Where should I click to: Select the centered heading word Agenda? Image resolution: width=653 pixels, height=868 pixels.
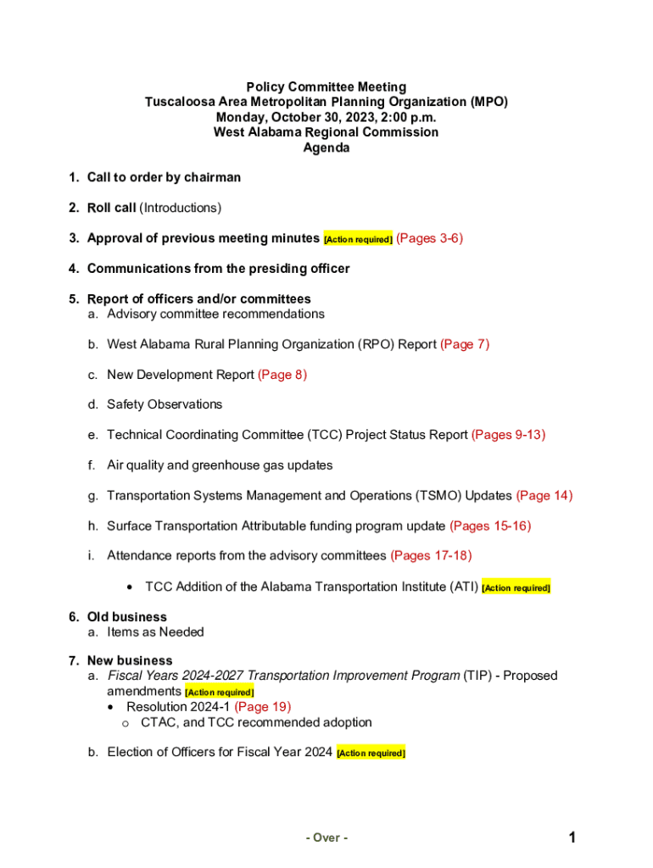pos(326,147)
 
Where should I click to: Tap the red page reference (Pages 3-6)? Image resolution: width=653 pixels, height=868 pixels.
pos(430,238)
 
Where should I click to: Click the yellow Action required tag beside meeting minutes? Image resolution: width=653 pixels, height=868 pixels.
pos(358,240)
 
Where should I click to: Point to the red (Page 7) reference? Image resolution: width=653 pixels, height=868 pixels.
pos(465,344)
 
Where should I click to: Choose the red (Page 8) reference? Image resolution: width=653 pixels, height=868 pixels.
pos(282,375)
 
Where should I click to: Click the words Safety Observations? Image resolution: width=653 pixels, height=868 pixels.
pos(165,404)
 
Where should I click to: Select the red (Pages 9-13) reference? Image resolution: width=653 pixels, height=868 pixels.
pos(508,435)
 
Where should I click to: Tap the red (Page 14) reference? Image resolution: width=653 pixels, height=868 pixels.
pos(544,496)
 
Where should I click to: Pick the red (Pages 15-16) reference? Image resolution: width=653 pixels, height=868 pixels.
pos(490,526)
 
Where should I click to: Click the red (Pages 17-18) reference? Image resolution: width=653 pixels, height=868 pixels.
pos(431,556)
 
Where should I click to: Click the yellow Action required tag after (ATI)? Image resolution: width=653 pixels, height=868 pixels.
pos(516,587)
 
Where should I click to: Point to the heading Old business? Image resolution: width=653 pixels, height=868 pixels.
pos(127,617)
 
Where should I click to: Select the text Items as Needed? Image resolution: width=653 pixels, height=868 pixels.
pos(155,632)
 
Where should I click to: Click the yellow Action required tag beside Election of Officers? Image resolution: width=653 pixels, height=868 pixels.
pos(371,753)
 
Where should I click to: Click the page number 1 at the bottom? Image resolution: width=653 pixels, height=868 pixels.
pos(573,838)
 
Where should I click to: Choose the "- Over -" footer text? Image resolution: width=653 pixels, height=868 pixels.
pos(326,838)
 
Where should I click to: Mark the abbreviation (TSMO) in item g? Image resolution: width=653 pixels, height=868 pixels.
pos(472,496)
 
